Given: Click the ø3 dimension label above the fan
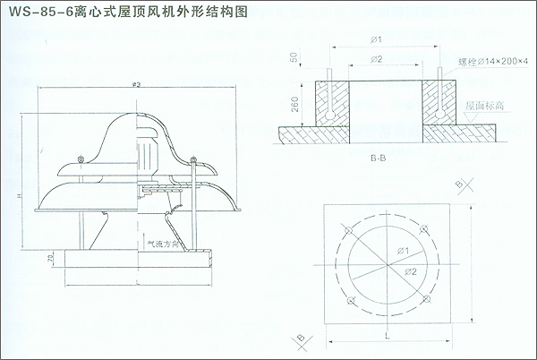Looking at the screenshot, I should point(136,84).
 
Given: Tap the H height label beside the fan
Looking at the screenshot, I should point(18,195).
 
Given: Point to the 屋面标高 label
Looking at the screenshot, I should point(483,105).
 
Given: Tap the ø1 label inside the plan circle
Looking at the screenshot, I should point(402,251).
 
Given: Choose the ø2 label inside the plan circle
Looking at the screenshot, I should point(411,270).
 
